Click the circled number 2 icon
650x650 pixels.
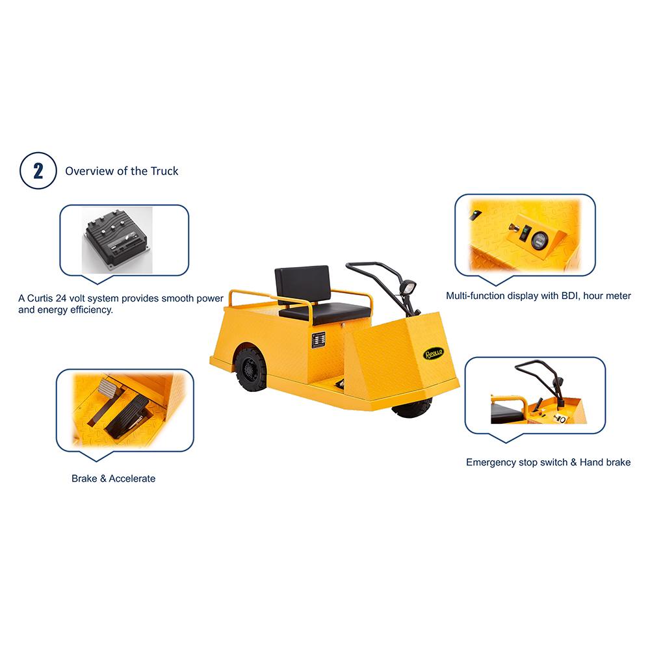(x=38, y=172)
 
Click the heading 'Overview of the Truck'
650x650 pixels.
(x=122, y=172)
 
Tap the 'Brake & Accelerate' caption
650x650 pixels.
(x=113, y=478)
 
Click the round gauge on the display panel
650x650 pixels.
(x=539, y=240)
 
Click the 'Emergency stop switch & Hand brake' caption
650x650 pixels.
(x=548, y=463)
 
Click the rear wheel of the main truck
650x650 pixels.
(x=251, y=369)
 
